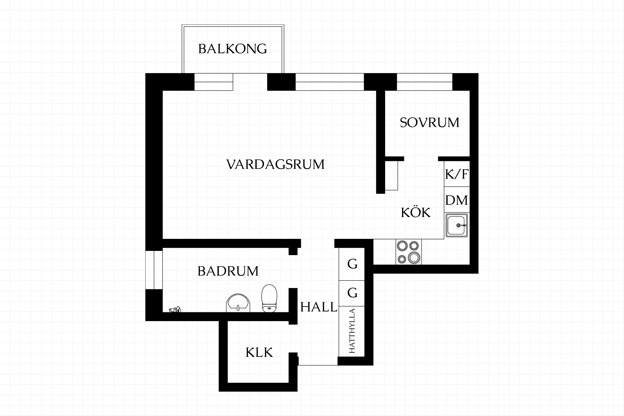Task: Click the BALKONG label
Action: coord(233,49)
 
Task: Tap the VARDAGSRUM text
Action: coord(275,164)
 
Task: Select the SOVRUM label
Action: coord(430,123)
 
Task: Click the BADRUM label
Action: coord(228,271)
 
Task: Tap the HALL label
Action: coord(319,307)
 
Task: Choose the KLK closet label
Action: coord(259,352)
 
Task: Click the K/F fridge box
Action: coord(457,174)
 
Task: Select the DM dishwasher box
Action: coord(457,200)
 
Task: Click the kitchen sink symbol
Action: coord(457,225)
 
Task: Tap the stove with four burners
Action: coord(409,252)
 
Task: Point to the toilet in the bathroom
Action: coord(269,298)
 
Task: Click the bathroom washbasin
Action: coord(238,303)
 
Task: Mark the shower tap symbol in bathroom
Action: coord(175,309)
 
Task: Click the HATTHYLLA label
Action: coord(352,331)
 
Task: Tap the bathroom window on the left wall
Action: coord(154,270)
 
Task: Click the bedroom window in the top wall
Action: coord(424,82)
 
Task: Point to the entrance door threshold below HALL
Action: coord(318,365)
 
